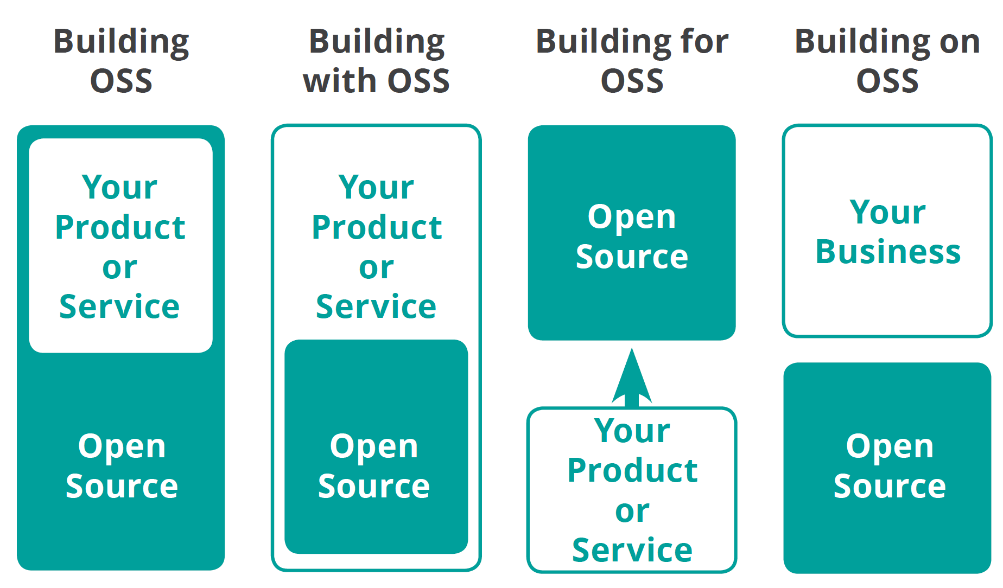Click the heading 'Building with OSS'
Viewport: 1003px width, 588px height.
pos(376,61)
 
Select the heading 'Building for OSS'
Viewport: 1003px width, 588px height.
pos(632,61)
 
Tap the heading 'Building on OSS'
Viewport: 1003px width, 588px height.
pos(887,61)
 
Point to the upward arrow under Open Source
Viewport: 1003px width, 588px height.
pos(632,377)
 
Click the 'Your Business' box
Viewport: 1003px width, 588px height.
pos(887,231)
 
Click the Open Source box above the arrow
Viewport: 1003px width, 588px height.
pos(632,233)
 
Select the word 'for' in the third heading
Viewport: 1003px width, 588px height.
pos(704,41)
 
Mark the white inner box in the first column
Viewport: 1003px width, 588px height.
pos(120,245)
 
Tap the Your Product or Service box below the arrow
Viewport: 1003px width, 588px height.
pos(632,489)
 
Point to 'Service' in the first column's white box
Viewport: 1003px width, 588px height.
pos(119,307)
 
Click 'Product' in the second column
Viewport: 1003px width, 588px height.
pos(377,227)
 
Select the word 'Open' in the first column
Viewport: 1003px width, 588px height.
pos(122,446)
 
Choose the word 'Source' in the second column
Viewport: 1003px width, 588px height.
pos(374,486)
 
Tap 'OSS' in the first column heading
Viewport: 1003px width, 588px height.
pos(121,81)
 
